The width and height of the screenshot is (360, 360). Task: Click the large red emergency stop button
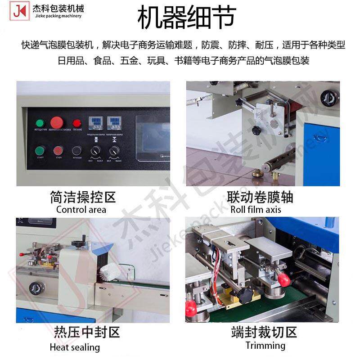tap(57, 122)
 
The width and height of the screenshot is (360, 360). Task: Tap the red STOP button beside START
tap(58, 151)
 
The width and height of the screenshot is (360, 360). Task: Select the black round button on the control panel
tap(77, 151)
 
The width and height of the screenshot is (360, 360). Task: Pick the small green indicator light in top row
tap(40, 123)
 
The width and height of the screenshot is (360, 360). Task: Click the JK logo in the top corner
tap(19, 12)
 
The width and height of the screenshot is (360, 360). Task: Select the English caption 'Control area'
tap(81, 210)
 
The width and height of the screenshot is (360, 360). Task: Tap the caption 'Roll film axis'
tap(256, 210)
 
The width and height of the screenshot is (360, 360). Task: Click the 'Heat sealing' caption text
tap(75, 347)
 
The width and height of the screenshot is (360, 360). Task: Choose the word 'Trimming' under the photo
tap(265, 346)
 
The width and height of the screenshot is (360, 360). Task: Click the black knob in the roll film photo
tap(257, 130)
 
